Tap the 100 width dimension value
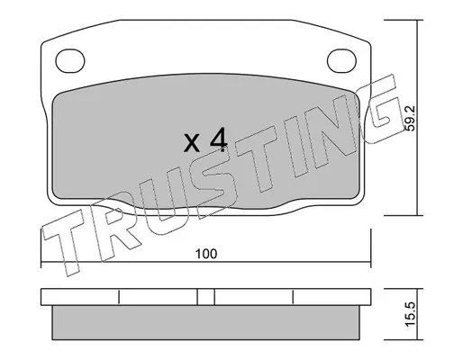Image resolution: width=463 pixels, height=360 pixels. (206, 254)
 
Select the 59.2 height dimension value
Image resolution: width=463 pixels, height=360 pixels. (410, 118)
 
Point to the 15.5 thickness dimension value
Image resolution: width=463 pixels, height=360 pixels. (410, 314)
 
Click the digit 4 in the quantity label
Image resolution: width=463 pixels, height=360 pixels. (218, 139)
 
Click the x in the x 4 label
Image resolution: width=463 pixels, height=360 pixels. (192, 143)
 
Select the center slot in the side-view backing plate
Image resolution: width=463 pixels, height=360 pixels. (206, 297)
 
